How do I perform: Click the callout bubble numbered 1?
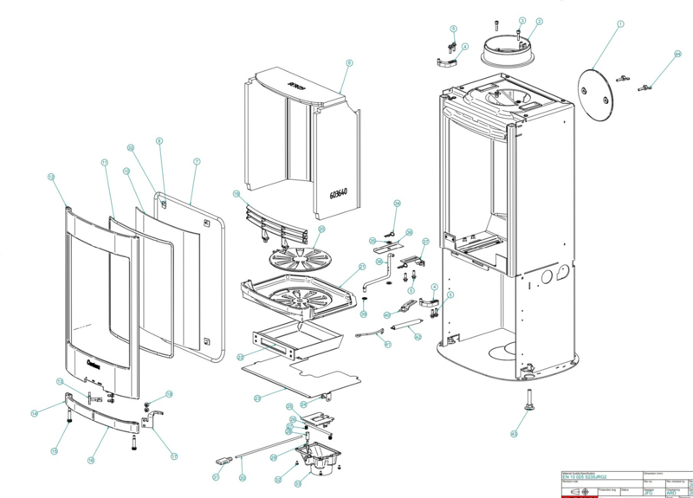pos(620,26)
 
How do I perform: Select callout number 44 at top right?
pos(678,55)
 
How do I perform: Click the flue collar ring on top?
pos(510,50)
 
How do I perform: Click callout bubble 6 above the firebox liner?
pos(349,63)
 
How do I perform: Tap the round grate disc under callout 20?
pos(297,253)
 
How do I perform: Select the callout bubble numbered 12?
pos(51,177)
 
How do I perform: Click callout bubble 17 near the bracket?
pos(173,456)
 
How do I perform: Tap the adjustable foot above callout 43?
pos(525,400)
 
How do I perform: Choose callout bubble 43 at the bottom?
pos(513,433)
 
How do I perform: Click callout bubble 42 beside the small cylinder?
pos(418,337)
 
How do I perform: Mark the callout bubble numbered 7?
pos(197,162)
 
